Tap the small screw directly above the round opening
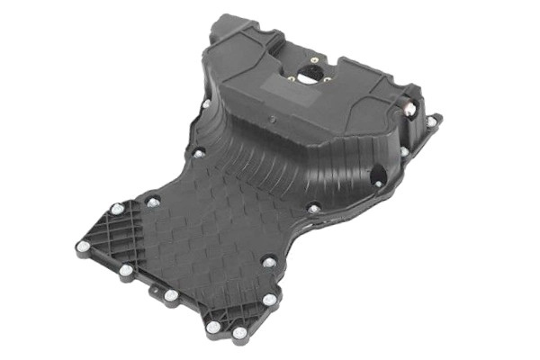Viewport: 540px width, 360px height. point(313,61)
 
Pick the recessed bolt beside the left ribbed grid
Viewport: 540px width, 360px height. point(153,202)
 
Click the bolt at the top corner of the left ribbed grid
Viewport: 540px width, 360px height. point(116,209)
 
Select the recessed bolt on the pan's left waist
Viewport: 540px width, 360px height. point(198,154)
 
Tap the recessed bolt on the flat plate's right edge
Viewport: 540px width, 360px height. point(268,262)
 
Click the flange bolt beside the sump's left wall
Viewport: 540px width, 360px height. point(205,103)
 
